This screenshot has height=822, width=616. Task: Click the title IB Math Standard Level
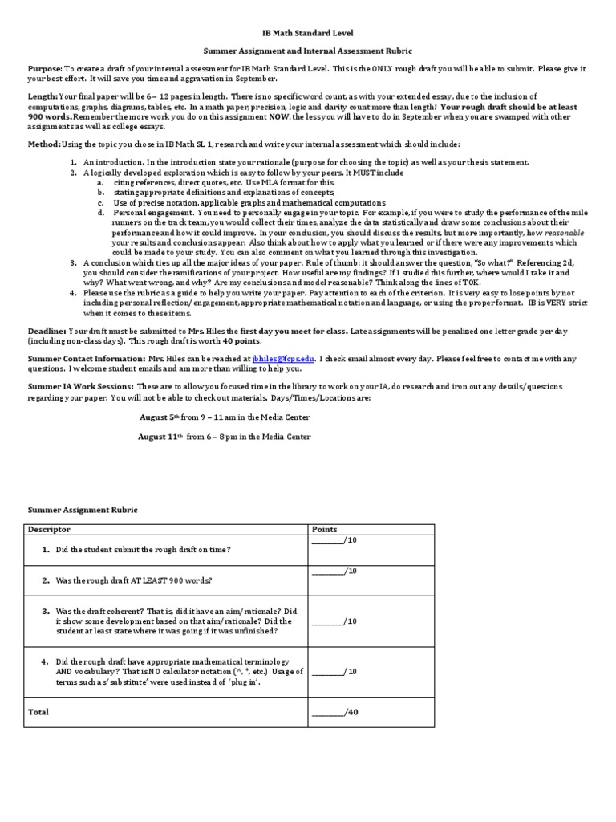[x=308, y=37]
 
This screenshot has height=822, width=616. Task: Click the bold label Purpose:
[x=45, y=70]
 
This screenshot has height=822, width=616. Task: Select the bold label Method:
[x=44, y=144]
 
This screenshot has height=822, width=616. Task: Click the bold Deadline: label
[x=47, y=330]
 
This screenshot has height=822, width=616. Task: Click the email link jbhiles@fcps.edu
[x=283, y=359]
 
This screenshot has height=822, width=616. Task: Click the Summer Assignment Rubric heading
[x=83, y=510]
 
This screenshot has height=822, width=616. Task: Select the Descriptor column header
[x=49, y=530]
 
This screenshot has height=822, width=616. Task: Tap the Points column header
[x=324, y=530]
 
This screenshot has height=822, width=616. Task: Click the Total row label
[x=38, y=712]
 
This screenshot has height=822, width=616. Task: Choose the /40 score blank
[x=334, y=712]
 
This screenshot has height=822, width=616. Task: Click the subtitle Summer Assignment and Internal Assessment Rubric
[x=308, y=51]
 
